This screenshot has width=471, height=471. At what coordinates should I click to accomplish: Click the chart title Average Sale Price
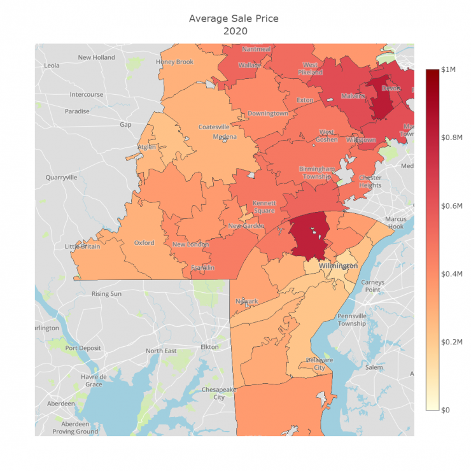click(234, 18)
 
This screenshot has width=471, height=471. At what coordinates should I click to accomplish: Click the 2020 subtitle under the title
click(234, 31)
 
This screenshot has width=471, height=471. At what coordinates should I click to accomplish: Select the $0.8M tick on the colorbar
click(453, 137)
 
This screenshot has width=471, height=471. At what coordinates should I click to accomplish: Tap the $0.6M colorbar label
click(453, 206)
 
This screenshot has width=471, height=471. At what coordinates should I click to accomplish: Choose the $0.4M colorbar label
click(453, 274)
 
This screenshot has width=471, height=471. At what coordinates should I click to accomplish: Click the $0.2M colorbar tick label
click(453, 342)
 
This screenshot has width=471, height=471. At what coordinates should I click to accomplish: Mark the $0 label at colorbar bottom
click(446, 410)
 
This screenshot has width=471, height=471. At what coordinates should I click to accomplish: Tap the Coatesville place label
click(214, 127)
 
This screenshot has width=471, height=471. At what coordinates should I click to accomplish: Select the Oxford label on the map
click(144, 243)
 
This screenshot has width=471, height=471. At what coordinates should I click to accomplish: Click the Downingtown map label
click(268, 113)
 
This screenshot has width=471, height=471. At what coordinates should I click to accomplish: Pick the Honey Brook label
click(175, 62)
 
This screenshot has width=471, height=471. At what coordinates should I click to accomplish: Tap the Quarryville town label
click(61, 178)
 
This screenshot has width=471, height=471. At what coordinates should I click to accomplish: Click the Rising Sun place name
click(106, 293)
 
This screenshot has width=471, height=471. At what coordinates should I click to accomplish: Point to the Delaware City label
click(316, 363)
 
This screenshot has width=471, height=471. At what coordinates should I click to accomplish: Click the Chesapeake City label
click(218, 393)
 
